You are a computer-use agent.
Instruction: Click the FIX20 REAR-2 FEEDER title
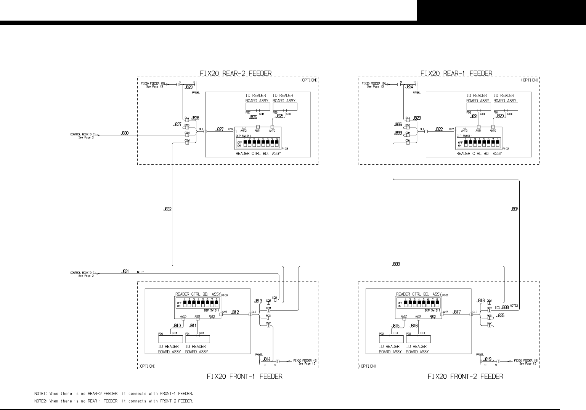pyautogui.click(x=236, y=73)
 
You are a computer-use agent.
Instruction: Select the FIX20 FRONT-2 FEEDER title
pyautogui.click(x=465, y=376)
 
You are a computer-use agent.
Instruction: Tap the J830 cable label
pyautogui.click(x=125, y=133)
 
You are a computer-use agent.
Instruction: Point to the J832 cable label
pyautogui.click(x=167, y=209)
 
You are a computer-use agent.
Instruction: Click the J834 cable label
pyautogui.click(x=514, y=209)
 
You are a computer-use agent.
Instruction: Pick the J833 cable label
pyautogui.click(x=396, y=264)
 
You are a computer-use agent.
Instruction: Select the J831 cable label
pyautogui.click(x=125, y=272)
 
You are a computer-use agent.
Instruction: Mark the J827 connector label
pyautogui.click(x=219, y=130)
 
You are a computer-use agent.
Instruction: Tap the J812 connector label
pyautogui.click(x=235, y=312)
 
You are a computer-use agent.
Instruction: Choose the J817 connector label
pyautogui.click(x=457, y=312)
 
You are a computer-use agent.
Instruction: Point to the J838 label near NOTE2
pyautogui.click(x=504, y=307)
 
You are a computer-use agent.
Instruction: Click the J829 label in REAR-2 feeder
pyautogui.click(x=188, y=87)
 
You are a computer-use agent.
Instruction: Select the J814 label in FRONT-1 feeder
pyautogui.click(x=267, y=359)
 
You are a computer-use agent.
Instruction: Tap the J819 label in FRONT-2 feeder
pyautogui.click(x=487, y=359)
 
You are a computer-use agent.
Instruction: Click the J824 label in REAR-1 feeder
pyautogui.click(x=409, y=87)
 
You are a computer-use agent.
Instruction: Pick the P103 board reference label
pyautogui.click(x=284, y=148)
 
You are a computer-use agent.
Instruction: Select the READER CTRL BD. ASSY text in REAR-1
pyautogui.click(x=479, y=153)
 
